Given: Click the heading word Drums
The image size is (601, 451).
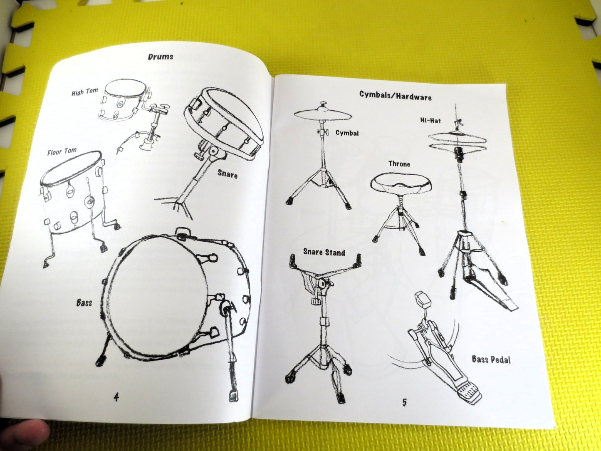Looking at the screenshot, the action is (x=161, y=57).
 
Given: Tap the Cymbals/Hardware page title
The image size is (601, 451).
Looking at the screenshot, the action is (x=396, y=96).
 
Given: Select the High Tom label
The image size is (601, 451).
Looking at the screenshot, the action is (x=84, y=92).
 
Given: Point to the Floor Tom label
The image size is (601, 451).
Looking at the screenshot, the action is (x=62, y=151).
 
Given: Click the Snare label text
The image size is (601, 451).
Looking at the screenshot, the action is (x=228, y=173).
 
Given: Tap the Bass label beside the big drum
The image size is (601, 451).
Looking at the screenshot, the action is (x=84, y=302).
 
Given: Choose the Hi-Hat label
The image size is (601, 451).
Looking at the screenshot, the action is (x=430, y=121).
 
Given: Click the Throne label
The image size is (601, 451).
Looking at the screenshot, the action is (x=399, y=164).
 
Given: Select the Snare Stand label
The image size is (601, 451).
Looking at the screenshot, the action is (x=324, y=252).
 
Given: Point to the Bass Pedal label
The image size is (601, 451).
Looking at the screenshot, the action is (x=491, y=359).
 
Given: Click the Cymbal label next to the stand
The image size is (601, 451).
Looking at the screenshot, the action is (x=347, y=134).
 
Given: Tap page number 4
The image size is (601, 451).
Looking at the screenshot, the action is (x=116, y=397).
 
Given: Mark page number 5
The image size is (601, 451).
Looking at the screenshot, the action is (x=404, y=402).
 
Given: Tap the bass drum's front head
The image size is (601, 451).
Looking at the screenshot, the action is (x=158, y=296).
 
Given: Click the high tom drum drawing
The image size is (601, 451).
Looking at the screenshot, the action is (x=125, y=100).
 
